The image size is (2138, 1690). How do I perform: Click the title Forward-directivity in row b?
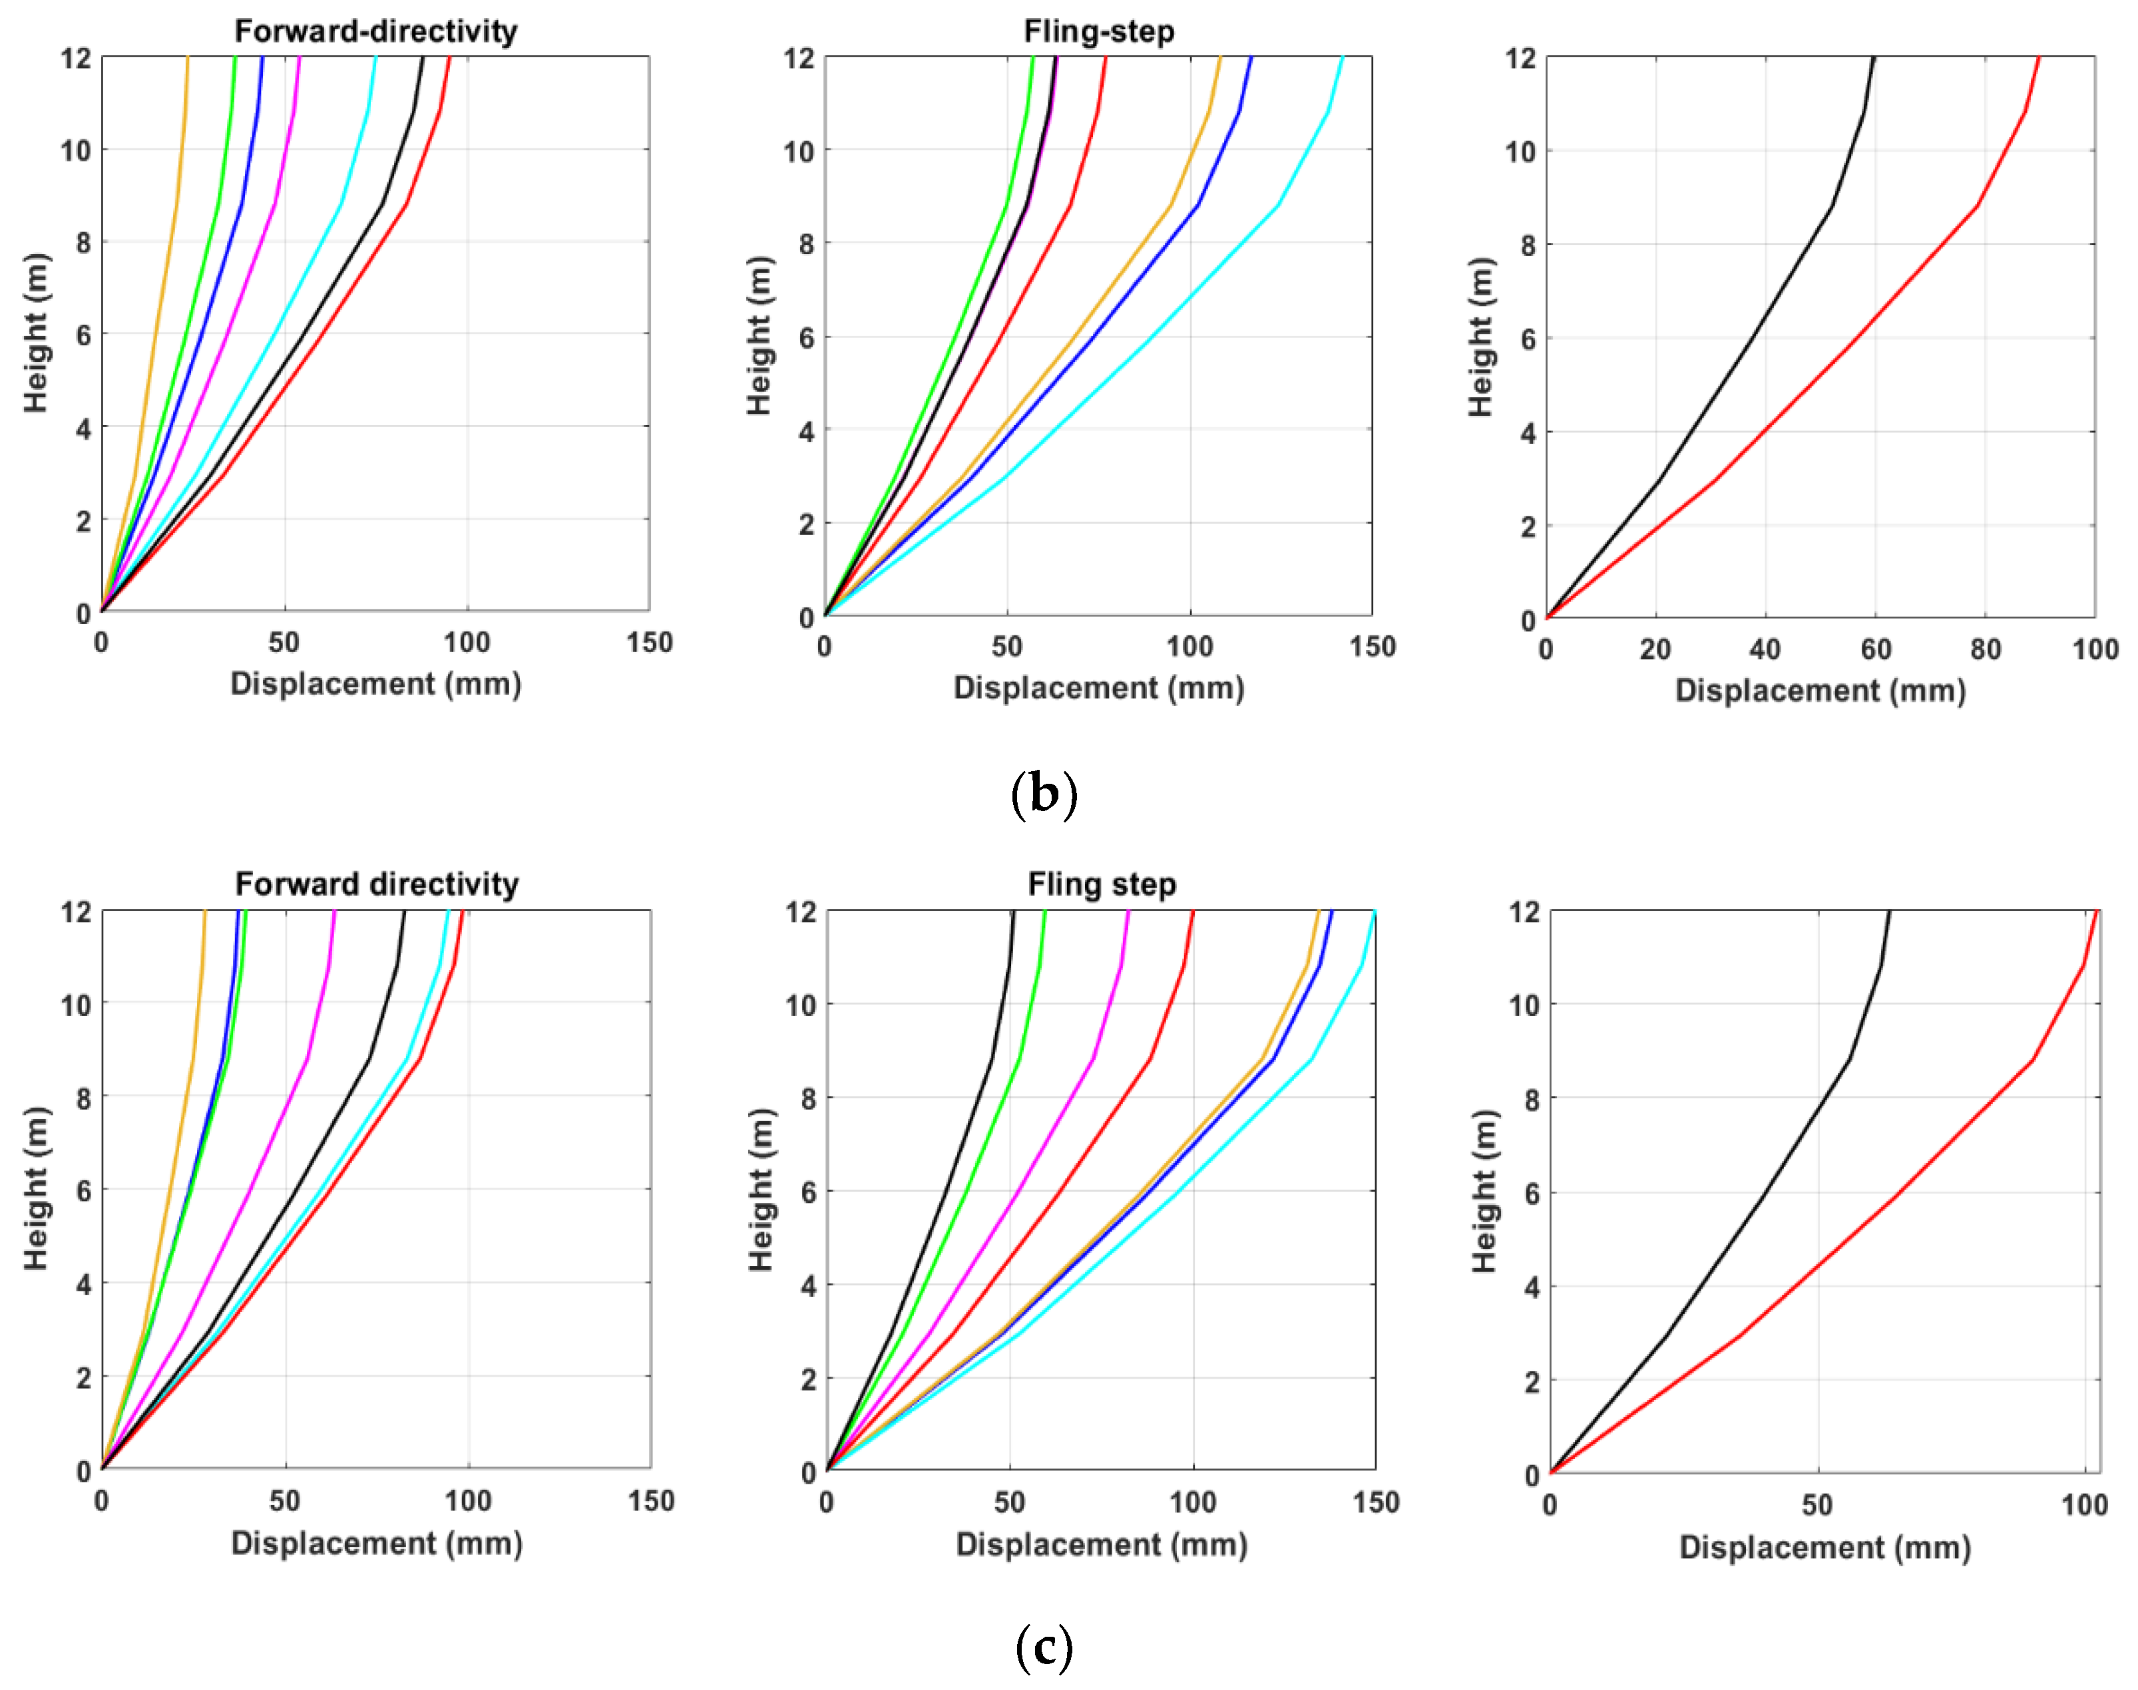(x=375, y=32)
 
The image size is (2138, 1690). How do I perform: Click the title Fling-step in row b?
(x=1099, y=32)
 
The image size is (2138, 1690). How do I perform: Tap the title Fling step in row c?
(x=1102, y=884)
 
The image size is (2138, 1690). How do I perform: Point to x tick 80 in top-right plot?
(x=1985, y=650)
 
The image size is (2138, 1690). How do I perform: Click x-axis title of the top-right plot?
(x=1819, y=691)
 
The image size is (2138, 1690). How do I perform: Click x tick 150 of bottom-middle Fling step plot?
(x=1376, y=1502)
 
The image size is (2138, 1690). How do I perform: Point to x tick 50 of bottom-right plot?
(x=1817, y=1505)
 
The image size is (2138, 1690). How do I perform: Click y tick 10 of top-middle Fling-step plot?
(x=798, y=152)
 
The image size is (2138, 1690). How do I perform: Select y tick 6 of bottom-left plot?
(x=84, y=1190)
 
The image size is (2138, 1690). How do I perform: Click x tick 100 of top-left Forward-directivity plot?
(x=466, y=643)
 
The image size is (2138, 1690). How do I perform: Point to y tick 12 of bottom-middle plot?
(x=801, y=912)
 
